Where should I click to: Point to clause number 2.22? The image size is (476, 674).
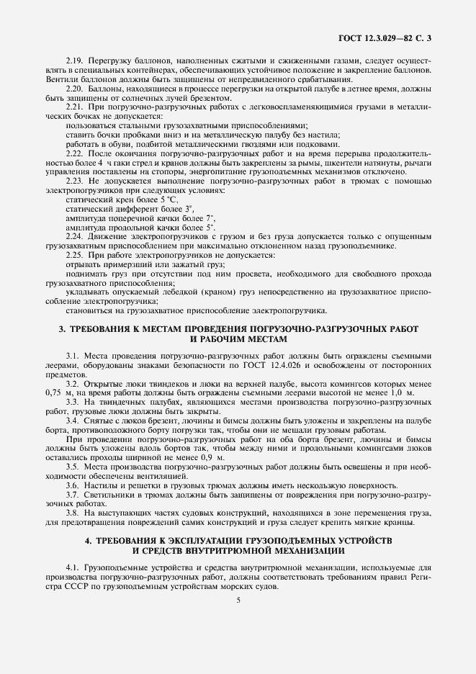click(x=75, y=154)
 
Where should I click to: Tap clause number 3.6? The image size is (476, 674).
click(x=74, y=485)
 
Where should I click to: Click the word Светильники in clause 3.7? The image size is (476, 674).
click(x=109, y=495)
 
